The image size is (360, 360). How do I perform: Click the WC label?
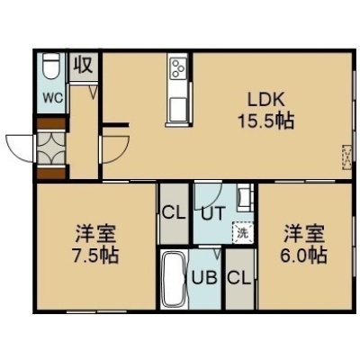(x=53, y=97)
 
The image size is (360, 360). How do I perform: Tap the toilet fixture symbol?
(x=51, y=67)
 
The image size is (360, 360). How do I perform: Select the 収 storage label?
(x=84, y=65)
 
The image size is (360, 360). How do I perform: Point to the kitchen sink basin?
(x=178, y=110)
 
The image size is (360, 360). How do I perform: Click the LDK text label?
(x=265, y=100)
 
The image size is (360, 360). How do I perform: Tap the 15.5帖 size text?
(x=265, y=121)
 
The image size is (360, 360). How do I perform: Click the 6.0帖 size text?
(x=303, y=255)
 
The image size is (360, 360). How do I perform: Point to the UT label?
(x=212, y=214)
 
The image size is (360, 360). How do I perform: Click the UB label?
(x=204, y=278)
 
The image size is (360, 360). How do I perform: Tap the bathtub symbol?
(x=173, y=280)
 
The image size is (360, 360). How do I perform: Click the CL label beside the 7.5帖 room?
(x=174, y=213)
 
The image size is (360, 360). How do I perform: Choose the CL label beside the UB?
(x=238, y=278)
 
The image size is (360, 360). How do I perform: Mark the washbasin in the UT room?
(x=246, y=197)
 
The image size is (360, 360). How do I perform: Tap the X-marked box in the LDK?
(x=346, y=157)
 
